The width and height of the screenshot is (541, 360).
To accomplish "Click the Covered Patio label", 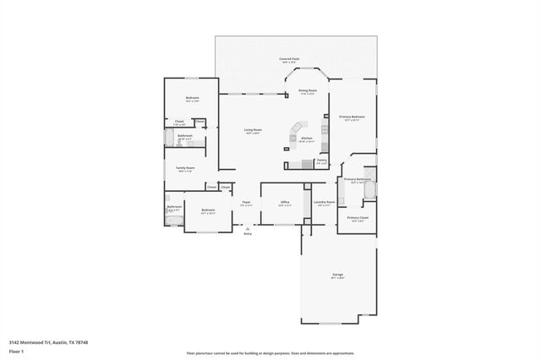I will click(x=291, y=58).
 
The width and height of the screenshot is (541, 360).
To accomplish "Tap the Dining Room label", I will click(x=308, y=90).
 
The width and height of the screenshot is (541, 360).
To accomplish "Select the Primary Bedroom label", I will click(x=351, y=117).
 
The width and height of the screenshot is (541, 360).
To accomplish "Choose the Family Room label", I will click(x=185, y=168).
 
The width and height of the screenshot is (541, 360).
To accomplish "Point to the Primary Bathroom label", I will click(x=358, y=179).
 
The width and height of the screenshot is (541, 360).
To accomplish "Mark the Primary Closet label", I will click(x=358, y=217).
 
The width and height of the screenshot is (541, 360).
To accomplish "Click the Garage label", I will click(x=337, y=275).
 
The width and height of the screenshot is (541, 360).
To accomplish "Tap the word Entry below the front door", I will click(x=248, y=234).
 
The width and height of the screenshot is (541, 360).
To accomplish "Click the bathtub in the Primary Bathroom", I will click(x=369, y=189).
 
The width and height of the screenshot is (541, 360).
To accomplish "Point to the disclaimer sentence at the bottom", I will click(x=270, y=353).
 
